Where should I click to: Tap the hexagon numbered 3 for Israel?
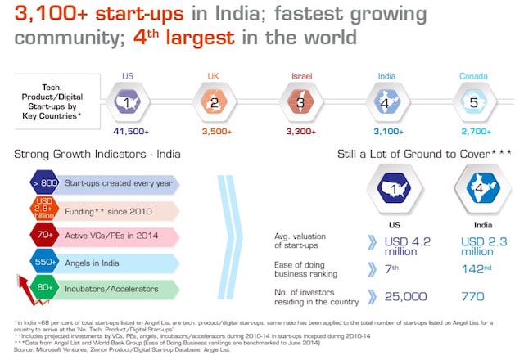pos(300,103)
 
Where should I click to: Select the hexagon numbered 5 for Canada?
pos(472,103)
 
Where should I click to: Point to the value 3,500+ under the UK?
pos(215,131)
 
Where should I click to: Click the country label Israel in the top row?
pos(301,76)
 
